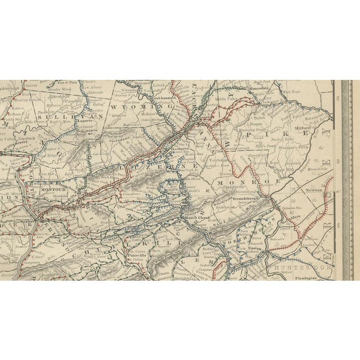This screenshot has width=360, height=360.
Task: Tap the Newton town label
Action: [314, 190]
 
